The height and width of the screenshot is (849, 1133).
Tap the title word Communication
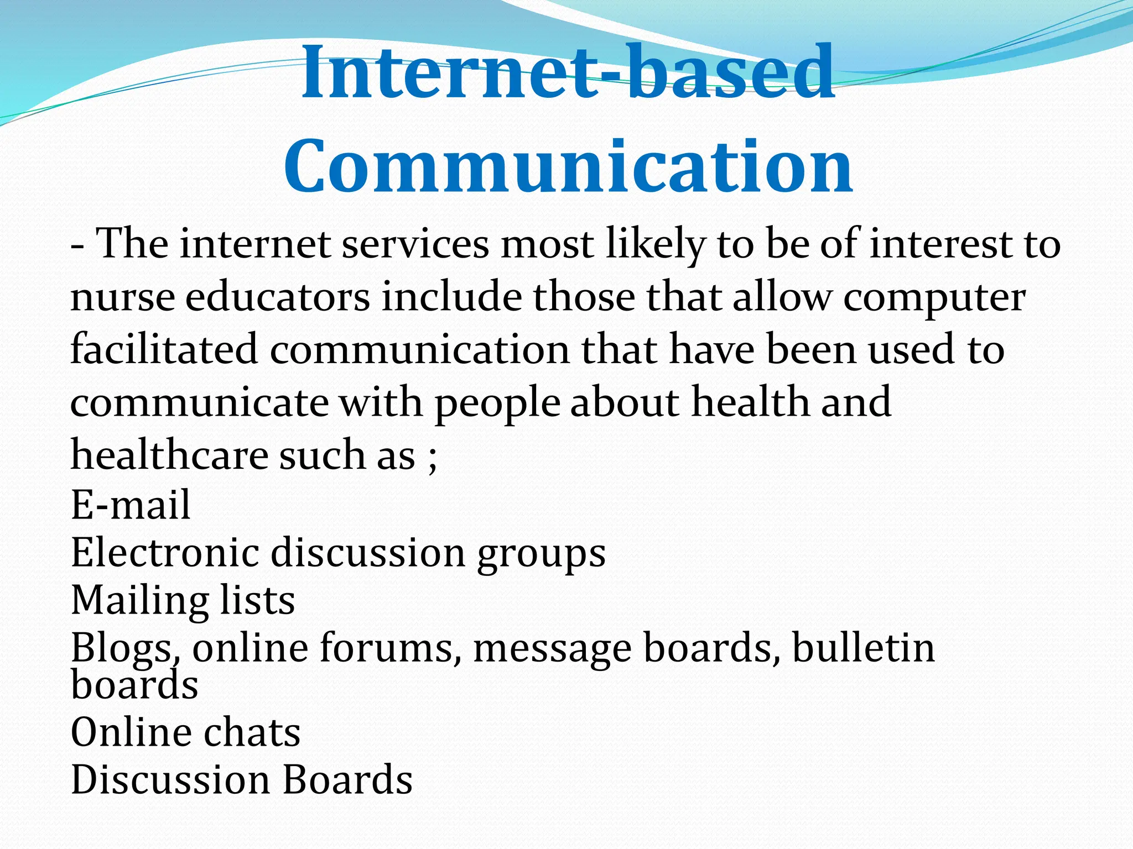[568, 166]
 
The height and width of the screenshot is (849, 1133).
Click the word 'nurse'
[122, 297]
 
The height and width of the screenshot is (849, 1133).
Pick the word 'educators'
[277, 297]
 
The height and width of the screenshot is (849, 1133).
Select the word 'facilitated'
[164, 349]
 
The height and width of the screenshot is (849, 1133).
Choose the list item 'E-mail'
[131, 504]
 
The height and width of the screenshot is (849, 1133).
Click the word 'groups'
[542, 555]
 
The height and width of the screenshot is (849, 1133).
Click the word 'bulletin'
[864, 648]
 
